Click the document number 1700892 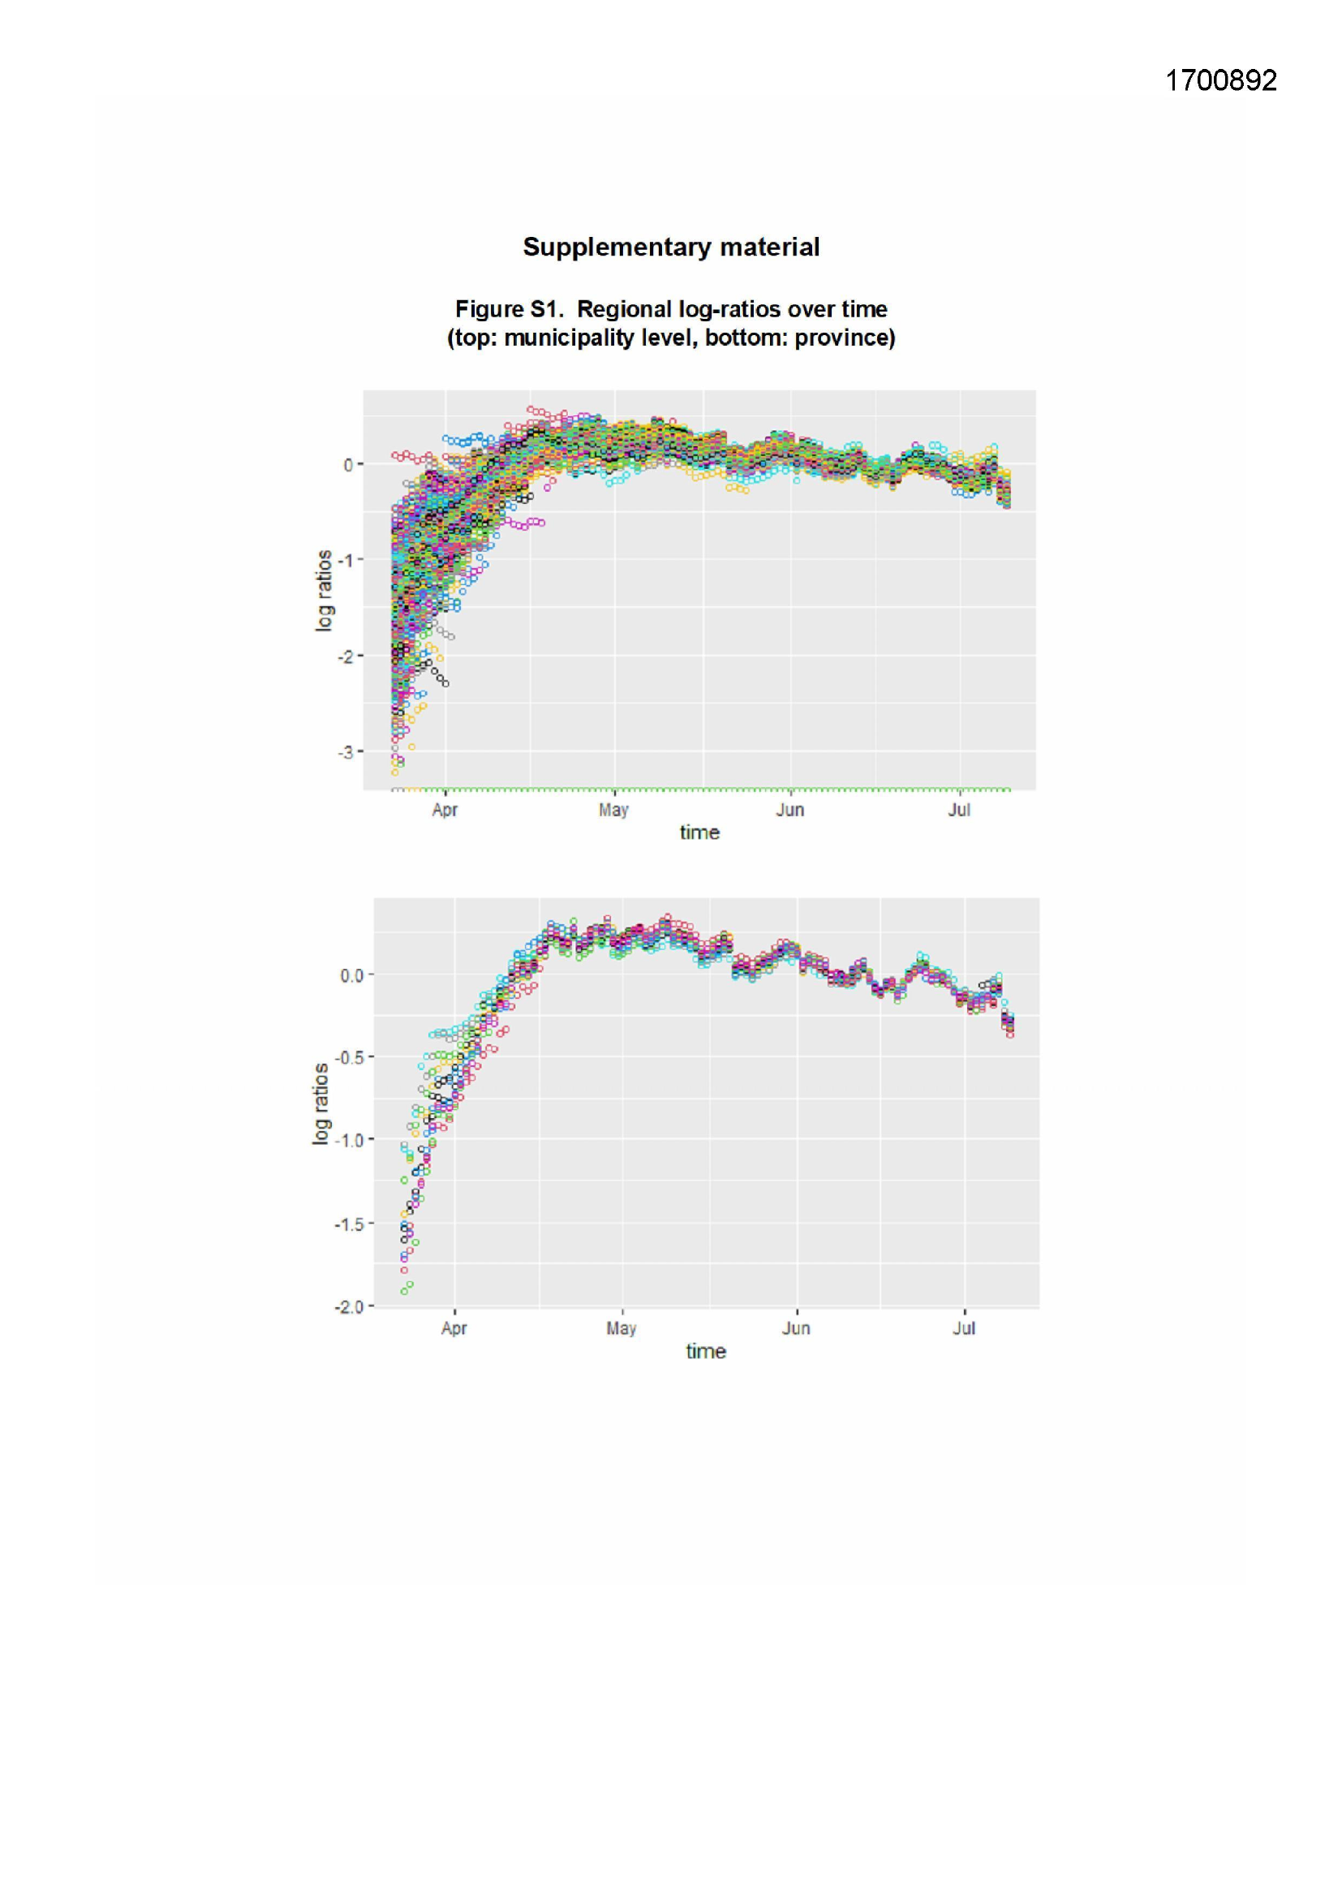point(1220,80)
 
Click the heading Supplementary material point(671,247)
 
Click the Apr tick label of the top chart point(445,810)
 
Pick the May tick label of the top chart point(614,810)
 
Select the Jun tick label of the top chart point(790,810)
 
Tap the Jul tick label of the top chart point(958,810)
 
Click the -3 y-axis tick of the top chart point(346,752)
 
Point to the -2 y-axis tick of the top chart point(346,657)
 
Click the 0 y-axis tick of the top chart point(349,465)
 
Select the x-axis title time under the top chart point(699,832)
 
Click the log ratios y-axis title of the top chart point(324,591)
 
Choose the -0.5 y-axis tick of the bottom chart point(348,1057)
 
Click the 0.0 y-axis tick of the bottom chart point(351,976)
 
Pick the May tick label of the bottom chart point(622,1328)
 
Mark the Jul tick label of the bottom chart point(964,1328)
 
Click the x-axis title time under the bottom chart point(706,1352)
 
